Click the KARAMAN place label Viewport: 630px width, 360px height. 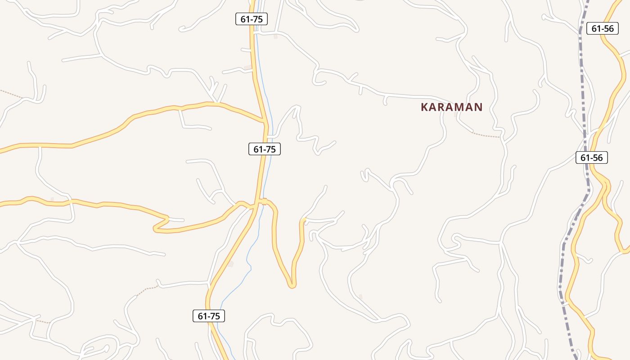[x=451, y=107]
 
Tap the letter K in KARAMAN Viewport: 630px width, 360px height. [x=424, y=107]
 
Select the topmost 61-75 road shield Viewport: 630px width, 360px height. [x=252, y=19]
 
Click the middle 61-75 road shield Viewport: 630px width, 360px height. [x=265, y=149]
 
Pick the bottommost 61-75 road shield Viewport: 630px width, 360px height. [x=209, y=316]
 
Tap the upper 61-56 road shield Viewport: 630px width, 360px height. [x=602, y=28]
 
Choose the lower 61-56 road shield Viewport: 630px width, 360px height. [x=591, y=157]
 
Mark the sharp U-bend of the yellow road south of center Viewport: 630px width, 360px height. [x=292, y=284]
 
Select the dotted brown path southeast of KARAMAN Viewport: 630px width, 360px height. [x=486, y=135]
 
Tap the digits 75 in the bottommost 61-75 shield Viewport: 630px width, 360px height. [x=215, y=316]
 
